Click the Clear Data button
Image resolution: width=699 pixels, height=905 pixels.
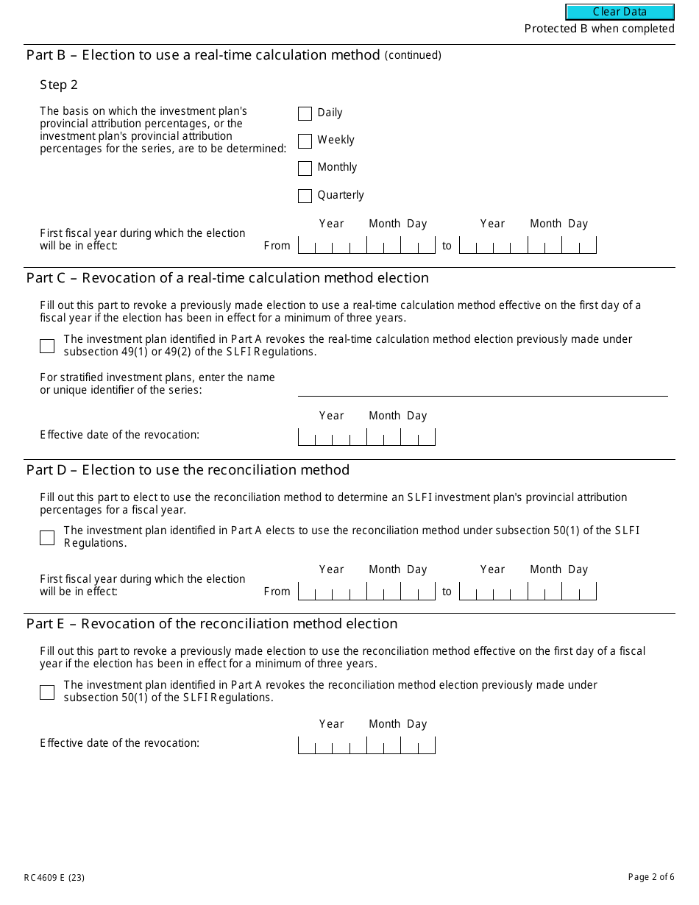[x=620, y=12]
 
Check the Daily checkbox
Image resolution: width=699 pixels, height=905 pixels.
[x=305, y=113]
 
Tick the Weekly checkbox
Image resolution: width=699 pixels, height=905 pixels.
[x=305, y=141]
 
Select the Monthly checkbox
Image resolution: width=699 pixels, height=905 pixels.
[x=305, y=168]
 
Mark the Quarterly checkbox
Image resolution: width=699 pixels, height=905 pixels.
[x=305, y=196]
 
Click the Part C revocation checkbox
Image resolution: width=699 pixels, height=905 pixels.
[x=47, y=346]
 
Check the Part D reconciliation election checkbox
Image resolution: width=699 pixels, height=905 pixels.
[x=47, y=537]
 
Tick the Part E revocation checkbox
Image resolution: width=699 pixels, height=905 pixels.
[x=47, y=692]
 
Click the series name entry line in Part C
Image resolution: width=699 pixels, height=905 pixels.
[x=482, y=388]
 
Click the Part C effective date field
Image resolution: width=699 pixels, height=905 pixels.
[x=366, y=437]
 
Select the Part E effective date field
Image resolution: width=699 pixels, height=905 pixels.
[x=366, y=745]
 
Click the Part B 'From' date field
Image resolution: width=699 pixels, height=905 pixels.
[x=366, y=245]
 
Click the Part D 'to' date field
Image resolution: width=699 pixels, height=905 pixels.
[x=528, y=591]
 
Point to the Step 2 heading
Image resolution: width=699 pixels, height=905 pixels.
[x=59, y=85]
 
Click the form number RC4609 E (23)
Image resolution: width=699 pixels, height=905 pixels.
[x=54, y=877]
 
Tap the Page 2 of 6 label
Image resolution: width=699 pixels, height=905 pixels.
[x=650, y=876]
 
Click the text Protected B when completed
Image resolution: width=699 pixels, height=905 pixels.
[x=599, y=29]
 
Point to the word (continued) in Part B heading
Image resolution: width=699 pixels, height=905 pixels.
[x=413, y=55]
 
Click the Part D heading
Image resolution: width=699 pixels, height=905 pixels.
[x=188, y=469]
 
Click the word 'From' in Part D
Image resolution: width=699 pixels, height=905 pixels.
[x=277, y=592]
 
